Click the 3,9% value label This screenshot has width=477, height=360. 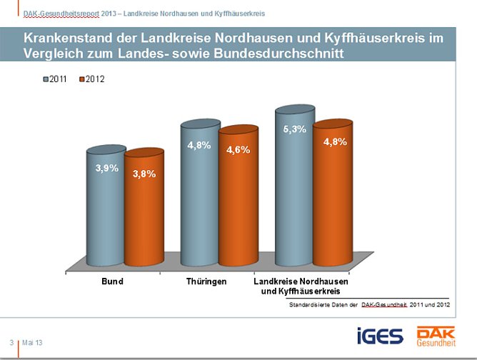106,168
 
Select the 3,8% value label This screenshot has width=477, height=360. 144,173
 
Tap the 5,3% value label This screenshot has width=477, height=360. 294,129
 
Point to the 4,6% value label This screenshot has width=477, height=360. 238,150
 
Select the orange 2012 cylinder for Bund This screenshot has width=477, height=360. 144,214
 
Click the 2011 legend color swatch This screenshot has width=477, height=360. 46,79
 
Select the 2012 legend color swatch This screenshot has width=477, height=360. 81,79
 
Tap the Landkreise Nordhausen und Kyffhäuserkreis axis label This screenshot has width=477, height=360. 305,286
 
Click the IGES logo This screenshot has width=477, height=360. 380,335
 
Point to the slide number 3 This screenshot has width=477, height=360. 11,343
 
